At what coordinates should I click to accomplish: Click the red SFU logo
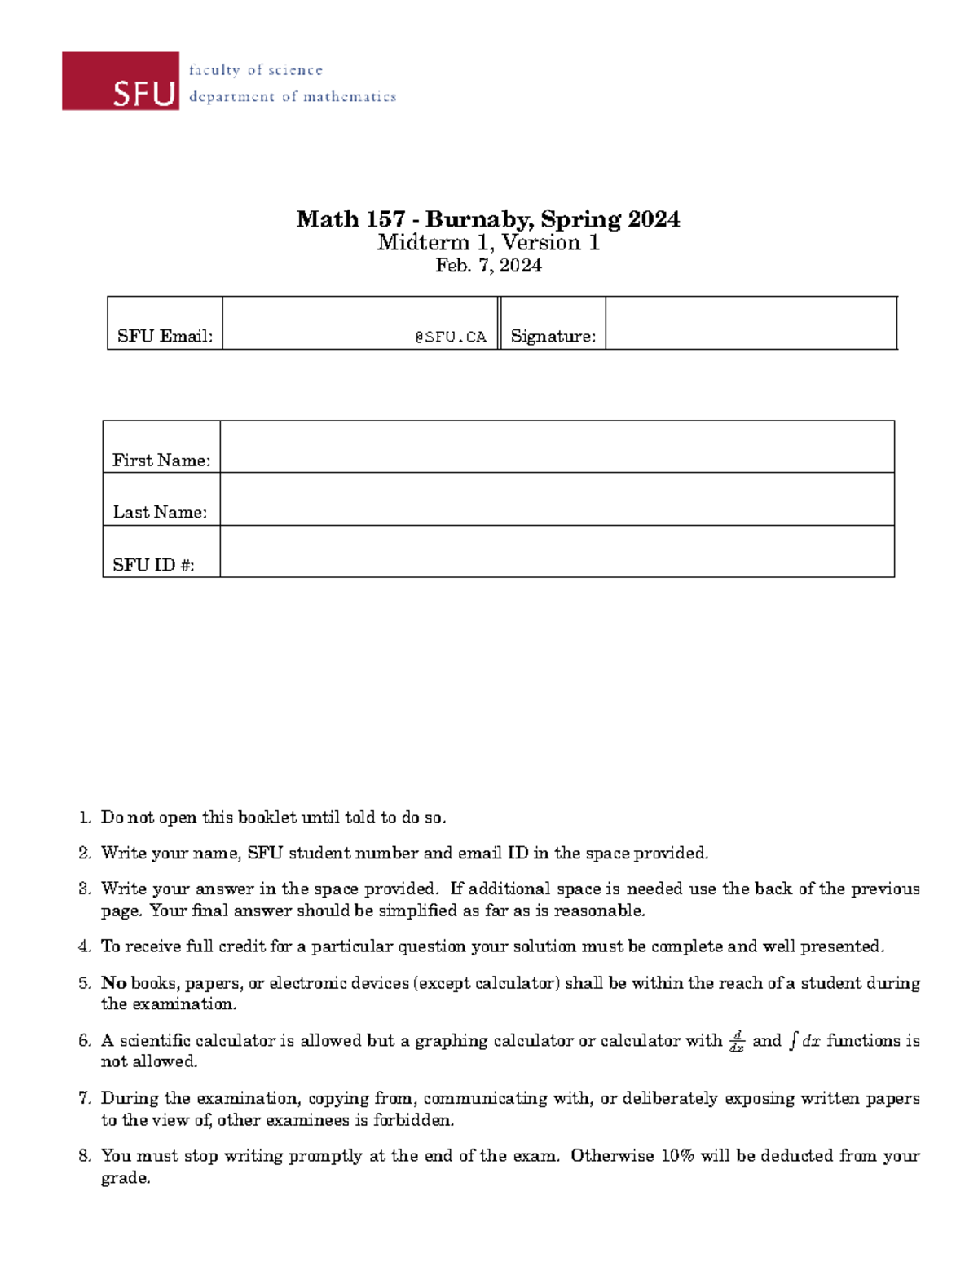pyautogui.click(x=121, y=82)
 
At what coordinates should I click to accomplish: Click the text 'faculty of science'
pyautogui.click(x=255, y=70)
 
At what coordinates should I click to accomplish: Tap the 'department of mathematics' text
pyautogui.click(x=292, y=97)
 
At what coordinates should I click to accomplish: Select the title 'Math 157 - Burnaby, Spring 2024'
pyautogui.click(x=488, y=218)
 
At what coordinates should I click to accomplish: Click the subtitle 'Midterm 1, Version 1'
pyautogui.click(x=488, y=243)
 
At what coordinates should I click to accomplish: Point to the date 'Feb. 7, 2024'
pyautogui.click(x=488, y=266)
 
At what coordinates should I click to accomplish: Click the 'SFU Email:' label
pyautogui.click(x=165, y=336)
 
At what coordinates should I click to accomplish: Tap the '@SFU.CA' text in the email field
pyautogui.click(x=450, y=337)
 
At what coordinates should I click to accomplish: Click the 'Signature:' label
pyautogui.click(x=553, y=336)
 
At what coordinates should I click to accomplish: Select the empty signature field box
pyautogui.click(x=751, y=323)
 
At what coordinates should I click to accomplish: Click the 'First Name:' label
pyautogui.click(x=161, y=461)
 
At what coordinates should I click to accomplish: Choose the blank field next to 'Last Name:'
pyautogui.click(x=557, y=499)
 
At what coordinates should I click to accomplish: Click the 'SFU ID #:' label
pyautogui.click(x=153, y=565)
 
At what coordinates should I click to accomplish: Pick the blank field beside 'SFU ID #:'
pyautogui.click(x=557, y=552)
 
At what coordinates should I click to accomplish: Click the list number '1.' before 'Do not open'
pyautogui.click(x=85, y=818)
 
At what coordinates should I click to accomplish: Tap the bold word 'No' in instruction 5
pyautogui.click(x=113, y=983)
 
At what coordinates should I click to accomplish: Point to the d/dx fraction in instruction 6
pyautogui.click(x=737, y=1041)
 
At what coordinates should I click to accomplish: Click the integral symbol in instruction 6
pyautogui.click(x=792, y=1041)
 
